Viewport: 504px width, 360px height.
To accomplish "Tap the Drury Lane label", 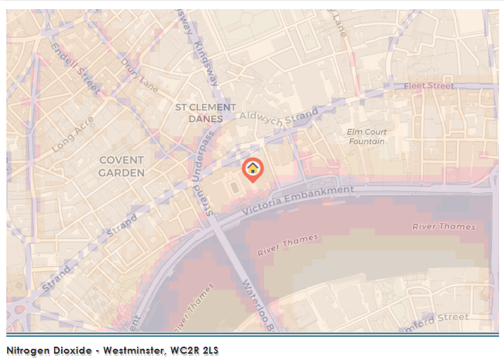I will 140,75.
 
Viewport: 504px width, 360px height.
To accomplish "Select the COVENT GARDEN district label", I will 121,166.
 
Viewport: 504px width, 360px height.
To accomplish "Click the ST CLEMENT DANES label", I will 205,113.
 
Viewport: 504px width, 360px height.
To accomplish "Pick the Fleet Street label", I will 429,86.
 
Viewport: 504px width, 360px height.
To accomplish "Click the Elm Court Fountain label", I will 367,136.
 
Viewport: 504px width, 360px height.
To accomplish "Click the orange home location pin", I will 253,169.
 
